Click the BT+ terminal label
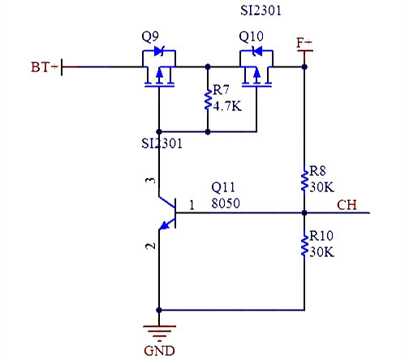coord(44,67)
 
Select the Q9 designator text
coord(151,37)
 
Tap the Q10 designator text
coord(251,37)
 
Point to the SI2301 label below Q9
coord(162,144)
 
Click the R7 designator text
coord(221,88)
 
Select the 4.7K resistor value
coord(227,104)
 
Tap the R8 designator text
coord(319,171)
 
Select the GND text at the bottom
coord(158,351)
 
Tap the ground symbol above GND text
coord(158,331)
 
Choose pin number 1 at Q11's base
coord(191,204)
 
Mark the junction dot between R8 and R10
coord(304,213)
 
